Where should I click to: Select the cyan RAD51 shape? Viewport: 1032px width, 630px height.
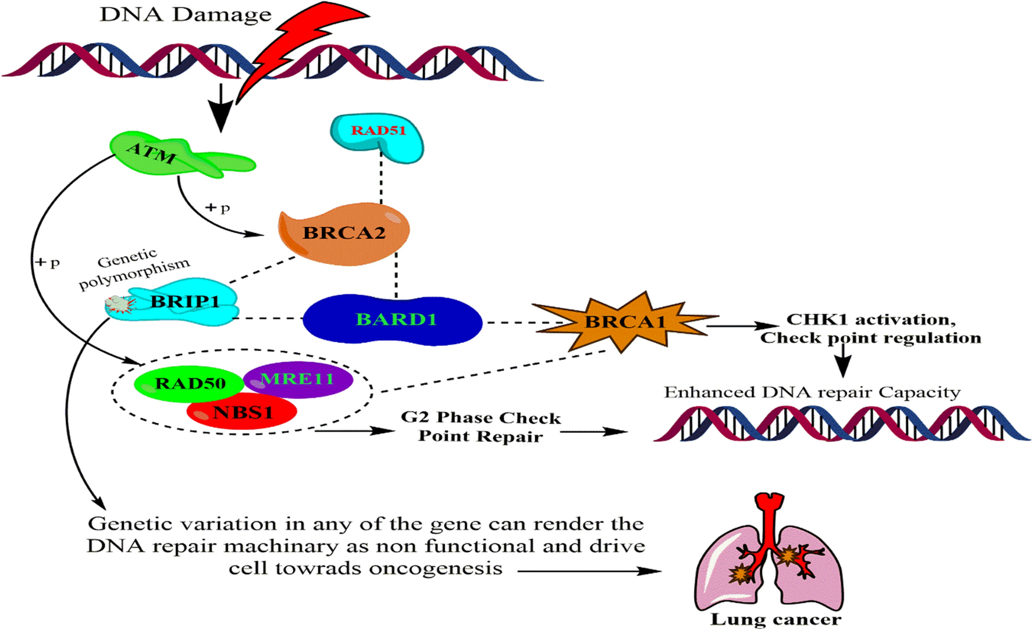click(378, 136)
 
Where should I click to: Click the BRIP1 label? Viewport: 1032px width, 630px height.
click(185, 302)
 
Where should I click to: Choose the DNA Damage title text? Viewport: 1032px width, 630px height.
click(186, 15)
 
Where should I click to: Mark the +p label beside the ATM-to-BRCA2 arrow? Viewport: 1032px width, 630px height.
click(218, 207)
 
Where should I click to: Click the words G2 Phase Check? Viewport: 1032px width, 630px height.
click(481, 418)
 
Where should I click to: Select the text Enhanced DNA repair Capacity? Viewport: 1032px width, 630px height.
click(812, 393)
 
